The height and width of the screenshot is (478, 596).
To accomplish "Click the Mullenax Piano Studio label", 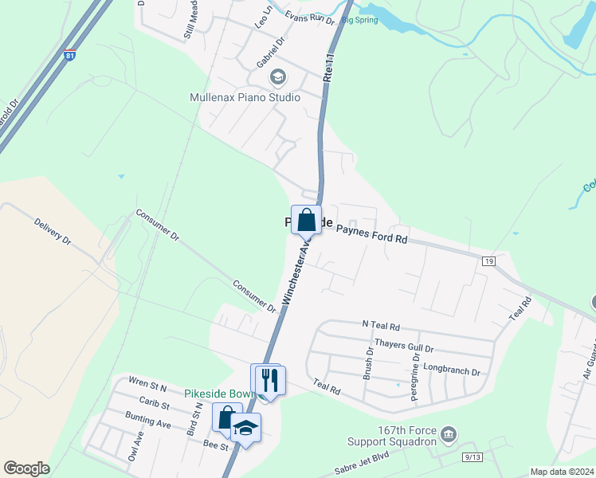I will click(x=233, y=97).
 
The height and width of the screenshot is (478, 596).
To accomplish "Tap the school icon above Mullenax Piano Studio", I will click(x=277, y=77).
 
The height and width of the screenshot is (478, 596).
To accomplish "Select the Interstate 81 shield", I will click(x=71, y=57).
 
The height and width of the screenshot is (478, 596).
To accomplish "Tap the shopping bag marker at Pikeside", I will click(x=306, y=220).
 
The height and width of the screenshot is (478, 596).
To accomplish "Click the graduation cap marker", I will click(x=246, y=429).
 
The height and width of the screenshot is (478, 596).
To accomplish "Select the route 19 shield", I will click(x=488, y=261).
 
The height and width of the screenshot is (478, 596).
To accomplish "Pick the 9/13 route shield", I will click(x=472, y=456).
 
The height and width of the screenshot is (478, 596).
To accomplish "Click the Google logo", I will click(x=26, y=468).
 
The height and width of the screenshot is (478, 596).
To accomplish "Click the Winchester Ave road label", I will click(x=294, y=272).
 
